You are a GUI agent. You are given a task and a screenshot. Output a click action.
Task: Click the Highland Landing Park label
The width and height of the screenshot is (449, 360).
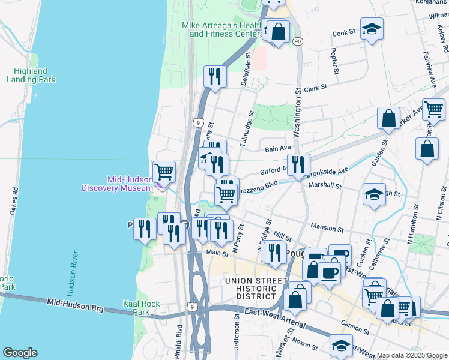point(31,74)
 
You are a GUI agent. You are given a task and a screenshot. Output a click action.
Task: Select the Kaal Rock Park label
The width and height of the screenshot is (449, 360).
point(141,308)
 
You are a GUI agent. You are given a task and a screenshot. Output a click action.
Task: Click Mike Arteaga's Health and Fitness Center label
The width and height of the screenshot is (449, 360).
point(220,29)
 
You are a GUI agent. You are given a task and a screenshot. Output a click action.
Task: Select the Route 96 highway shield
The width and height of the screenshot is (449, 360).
point(298,41)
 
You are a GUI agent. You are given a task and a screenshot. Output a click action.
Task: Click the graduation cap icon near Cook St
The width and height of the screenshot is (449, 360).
point(373,29)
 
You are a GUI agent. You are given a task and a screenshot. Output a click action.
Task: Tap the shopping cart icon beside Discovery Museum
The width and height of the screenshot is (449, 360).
point(164,172)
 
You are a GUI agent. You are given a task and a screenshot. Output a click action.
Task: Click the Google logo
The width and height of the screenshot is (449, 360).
point(20,353)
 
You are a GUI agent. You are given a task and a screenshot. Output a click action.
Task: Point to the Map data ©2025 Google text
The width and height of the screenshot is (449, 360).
point(411,355)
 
